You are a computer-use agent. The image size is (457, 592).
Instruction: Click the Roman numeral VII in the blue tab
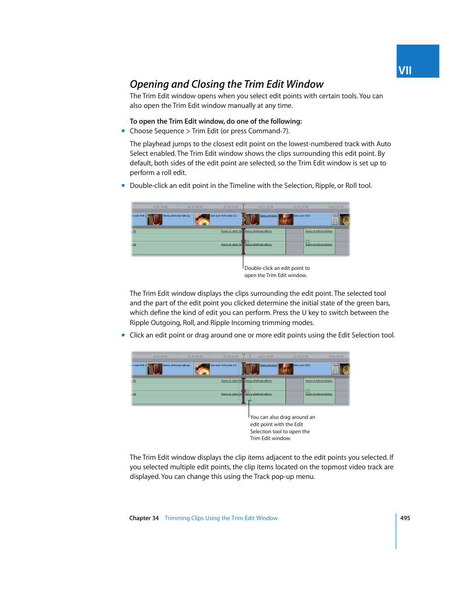coord(405,70)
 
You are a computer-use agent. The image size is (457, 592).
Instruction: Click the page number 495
coord(405,518)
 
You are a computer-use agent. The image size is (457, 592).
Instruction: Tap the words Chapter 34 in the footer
coord(144,518)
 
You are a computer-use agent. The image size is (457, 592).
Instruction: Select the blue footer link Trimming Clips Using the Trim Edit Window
coord(221,518)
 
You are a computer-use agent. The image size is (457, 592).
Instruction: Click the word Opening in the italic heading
coord(149,84)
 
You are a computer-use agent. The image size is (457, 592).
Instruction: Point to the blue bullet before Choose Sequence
coord(123,130)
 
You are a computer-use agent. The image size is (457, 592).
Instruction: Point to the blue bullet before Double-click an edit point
coord(123,185)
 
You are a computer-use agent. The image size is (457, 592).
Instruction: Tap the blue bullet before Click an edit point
coord(123,335)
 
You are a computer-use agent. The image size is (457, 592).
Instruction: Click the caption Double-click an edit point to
coord(277,268)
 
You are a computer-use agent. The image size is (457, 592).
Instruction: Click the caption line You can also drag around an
coord(282,417)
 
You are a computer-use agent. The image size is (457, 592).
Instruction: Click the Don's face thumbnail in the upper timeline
coord(286,220)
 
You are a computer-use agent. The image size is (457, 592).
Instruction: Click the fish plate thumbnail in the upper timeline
coord(203,220)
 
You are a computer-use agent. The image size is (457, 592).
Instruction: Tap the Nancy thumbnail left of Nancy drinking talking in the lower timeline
coord(155,369)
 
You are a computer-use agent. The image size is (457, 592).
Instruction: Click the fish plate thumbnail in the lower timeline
coord(203,369)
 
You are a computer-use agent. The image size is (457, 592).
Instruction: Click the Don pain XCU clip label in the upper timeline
coord(302,216)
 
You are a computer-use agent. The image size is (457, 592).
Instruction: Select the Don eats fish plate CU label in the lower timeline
coord(224,365)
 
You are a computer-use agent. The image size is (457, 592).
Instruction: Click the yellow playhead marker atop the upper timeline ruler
coord(243,205)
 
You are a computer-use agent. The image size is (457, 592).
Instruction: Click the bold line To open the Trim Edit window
coord(216,121)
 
